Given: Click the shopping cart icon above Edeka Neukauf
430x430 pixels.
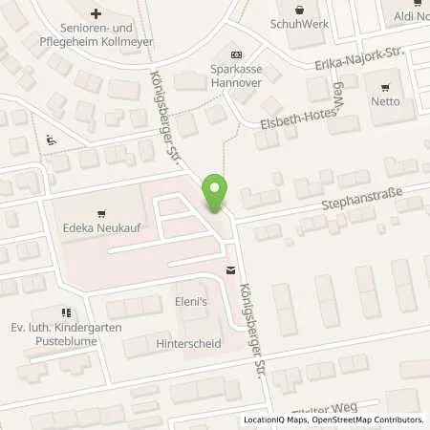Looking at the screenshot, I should [98, 214].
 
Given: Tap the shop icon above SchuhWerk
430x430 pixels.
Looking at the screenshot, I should [301, 10].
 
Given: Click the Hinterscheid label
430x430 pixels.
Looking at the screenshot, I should [185, 341].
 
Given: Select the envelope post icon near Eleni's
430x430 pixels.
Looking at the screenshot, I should [230, 270].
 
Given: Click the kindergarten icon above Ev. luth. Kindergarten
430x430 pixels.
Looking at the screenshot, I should [65, 312].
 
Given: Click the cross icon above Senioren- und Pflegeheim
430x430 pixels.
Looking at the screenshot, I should [96, 13].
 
